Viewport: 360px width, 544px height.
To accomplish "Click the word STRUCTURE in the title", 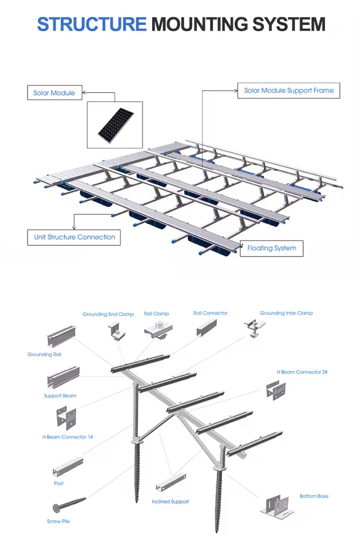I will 91,24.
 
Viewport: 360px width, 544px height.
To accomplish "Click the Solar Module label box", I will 54,93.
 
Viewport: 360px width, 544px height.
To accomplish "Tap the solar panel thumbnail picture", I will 115,125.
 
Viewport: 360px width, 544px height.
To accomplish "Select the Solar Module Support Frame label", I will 288,91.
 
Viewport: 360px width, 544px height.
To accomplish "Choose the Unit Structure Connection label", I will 74,237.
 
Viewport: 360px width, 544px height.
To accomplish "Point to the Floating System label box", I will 272,248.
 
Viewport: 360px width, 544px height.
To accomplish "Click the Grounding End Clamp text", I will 108,314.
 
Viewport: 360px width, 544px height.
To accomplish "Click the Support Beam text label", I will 60,396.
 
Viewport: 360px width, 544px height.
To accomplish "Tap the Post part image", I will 68,468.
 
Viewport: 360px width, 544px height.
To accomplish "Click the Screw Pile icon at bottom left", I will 69,505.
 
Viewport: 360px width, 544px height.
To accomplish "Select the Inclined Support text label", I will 170,502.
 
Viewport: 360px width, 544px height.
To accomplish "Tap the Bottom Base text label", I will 314,496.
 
